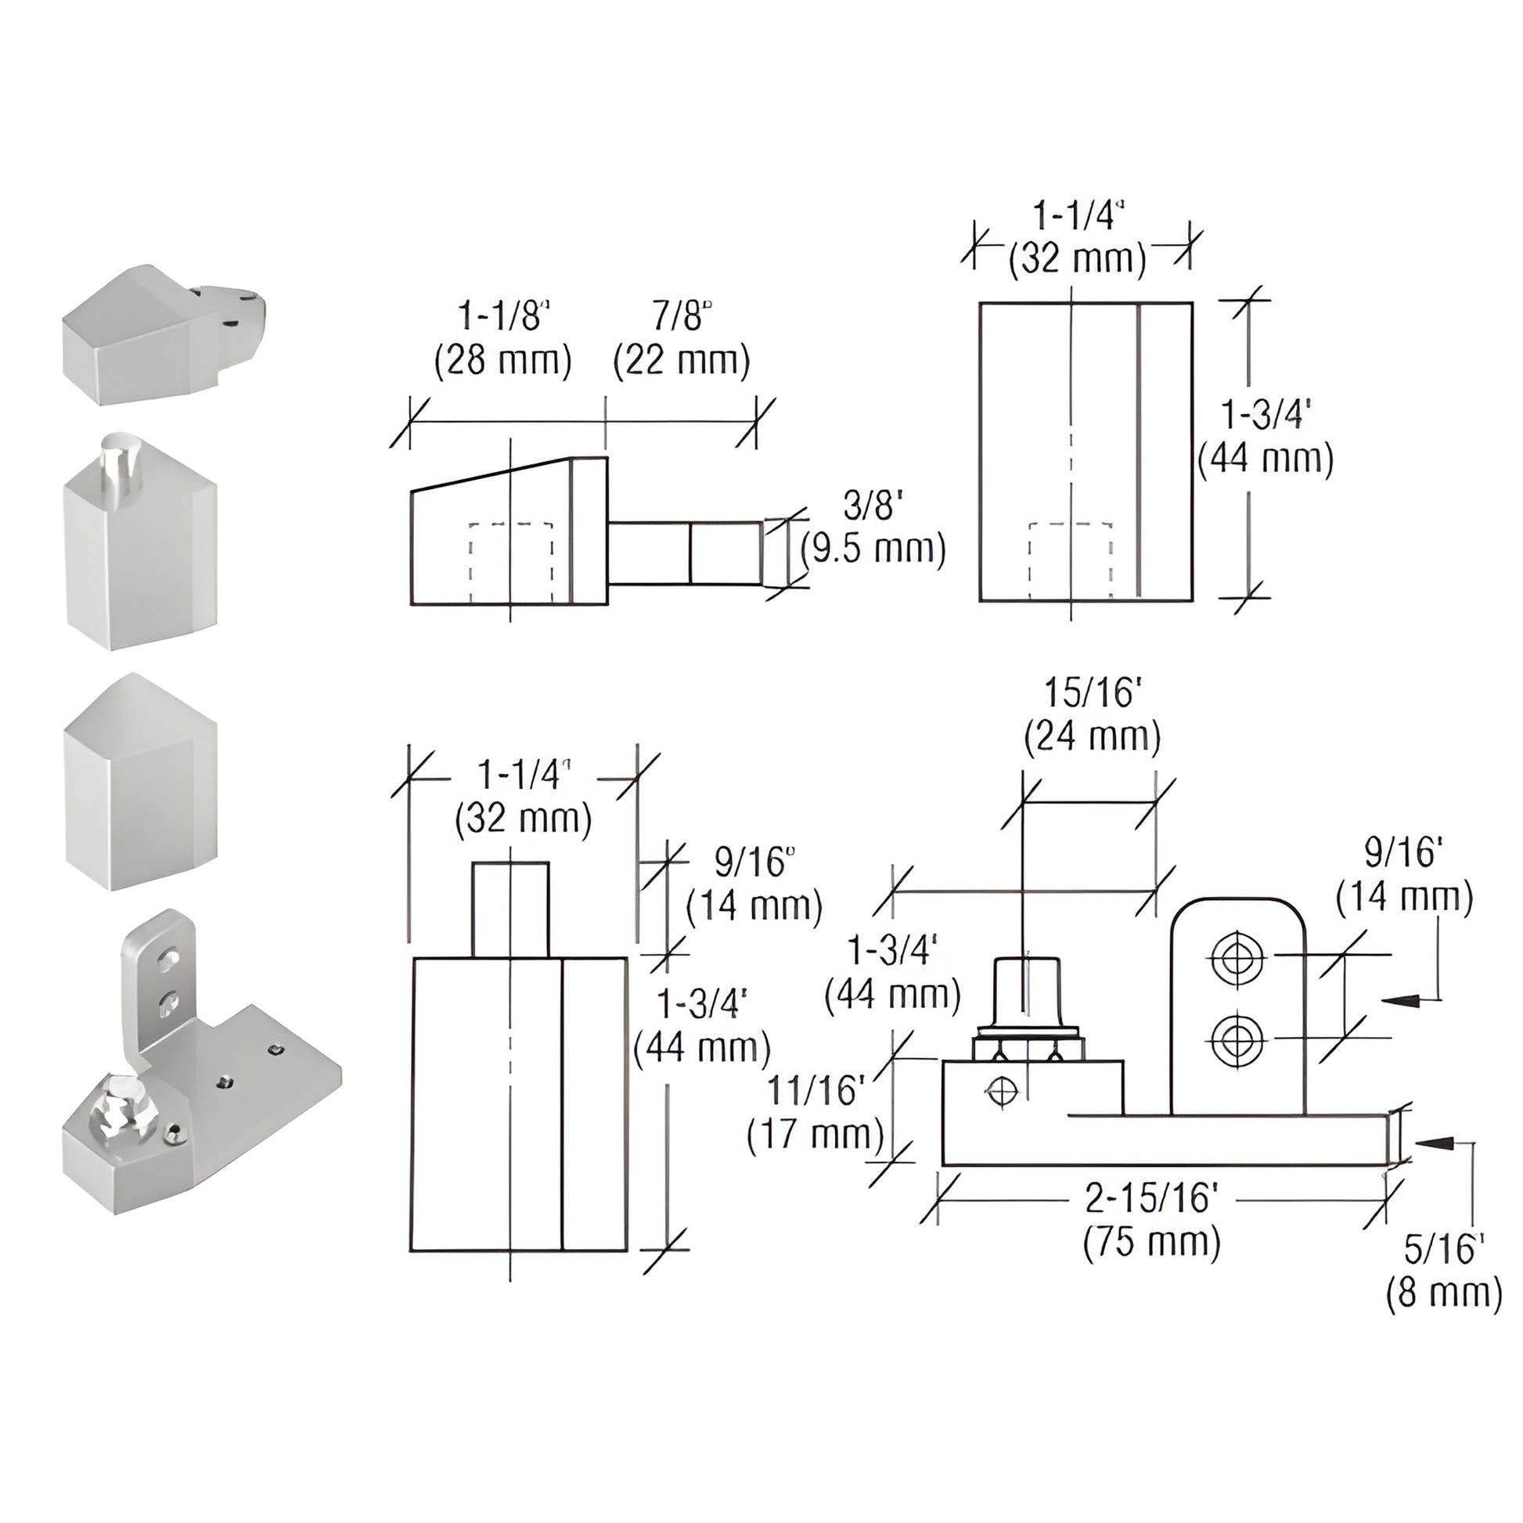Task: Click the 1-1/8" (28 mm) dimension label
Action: [503, 340]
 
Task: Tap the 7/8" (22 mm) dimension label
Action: [681, 340]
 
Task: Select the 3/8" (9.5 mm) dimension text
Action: [873, 527]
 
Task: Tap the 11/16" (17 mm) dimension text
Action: [816, 1112]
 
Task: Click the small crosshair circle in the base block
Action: [1002, 1091]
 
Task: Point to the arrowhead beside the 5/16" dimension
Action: [1434, 1165]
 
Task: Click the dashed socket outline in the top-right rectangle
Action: [1071, 560]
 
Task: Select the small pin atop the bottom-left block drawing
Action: [510, 909]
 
